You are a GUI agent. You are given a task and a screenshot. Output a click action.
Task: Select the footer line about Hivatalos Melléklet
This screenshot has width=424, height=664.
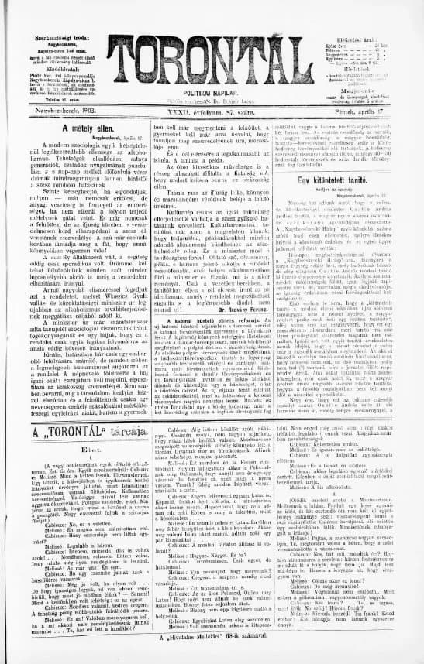(x=212, y=655)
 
